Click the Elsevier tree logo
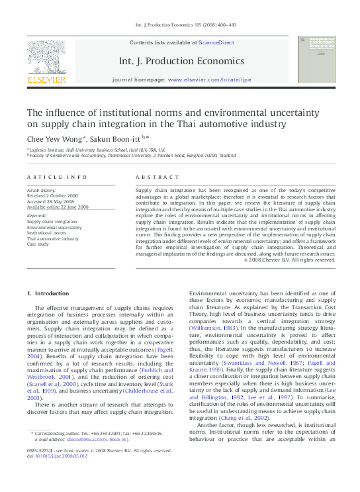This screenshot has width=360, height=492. pyautogui.click(x=46, y=58)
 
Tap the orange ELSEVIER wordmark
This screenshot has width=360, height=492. pyautogui.click(x=46, y=80)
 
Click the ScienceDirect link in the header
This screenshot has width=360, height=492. pyautogui.click(x=216, y=42)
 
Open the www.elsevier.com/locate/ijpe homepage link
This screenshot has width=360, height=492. pyautogui.click(x=209, y=79)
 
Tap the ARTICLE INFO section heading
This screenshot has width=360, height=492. pyautogui.click(x=57, y=177)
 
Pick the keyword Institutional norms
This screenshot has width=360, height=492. pyautogui.click(x=49, y=234)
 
